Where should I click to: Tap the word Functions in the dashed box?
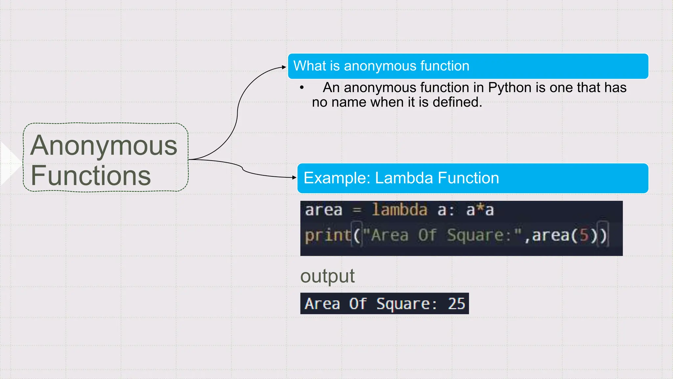(91, 176)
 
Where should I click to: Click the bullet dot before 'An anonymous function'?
(302, 88)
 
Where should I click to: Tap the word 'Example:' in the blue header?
(337, 178)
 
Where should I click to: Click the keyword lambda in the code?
(400, 210)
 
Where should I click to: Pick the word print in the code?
(328, 236)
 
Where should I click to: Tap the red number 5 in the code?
(584, 236)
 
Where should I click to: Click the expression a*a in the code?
(480, 210)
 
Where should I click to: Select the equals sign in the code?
(357, 210)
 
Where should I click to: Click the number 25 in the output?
(456, 304)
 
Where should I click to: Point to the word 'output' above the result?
(327, 276)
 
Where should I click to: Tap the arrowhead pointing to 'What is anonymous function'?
(284, 67)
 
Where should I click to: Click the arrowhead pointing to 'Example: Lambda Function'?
(294, 177)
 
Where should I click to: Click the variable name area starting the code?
(323, 210)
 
